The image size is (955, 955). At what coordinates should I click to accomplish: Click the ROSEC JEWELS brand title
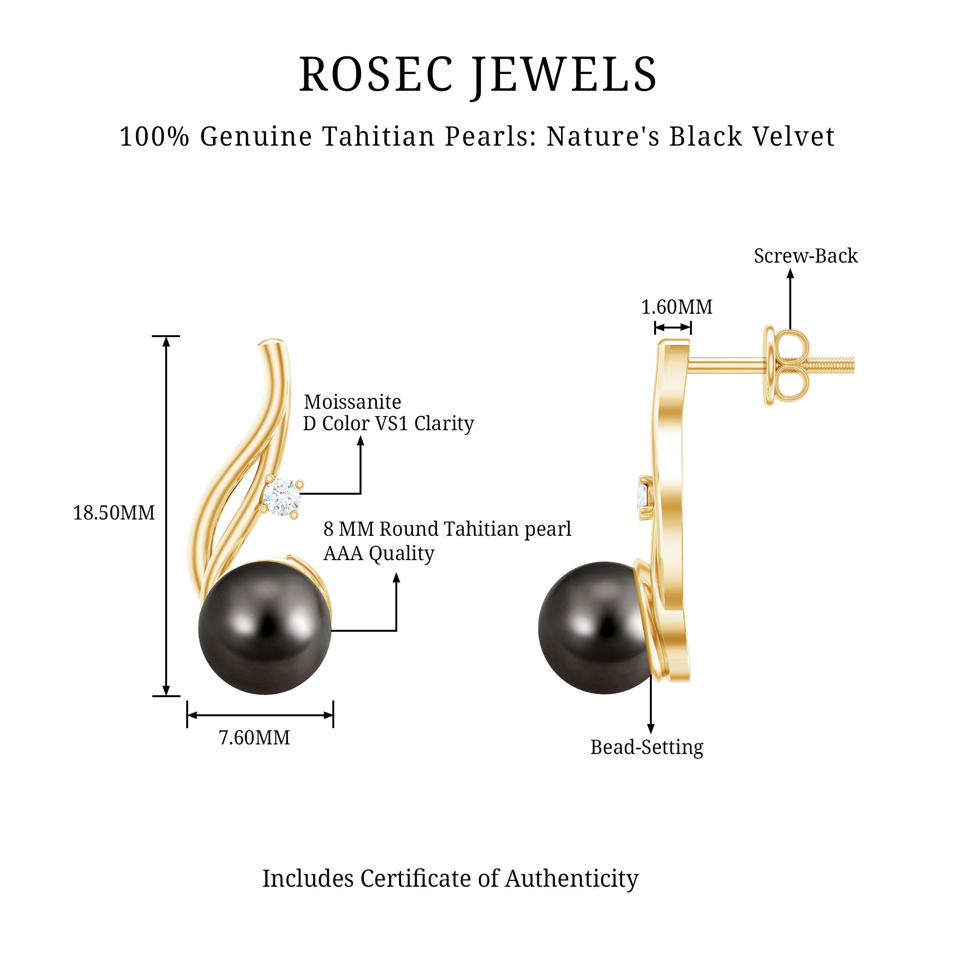point(477,74)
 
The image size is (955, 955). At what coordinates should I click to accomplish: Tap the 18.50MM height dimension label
point(114,513)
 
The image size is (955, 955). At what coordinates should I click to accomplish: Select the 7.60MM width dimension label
point(254,738)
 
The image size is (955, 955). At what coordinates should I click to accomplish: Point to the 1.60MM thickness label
point(676,308)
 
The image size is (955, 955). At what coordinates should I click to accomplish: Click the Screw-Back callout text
point(805,256)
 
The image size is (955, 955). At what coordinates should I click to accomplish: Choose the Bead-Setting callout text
point(647,747)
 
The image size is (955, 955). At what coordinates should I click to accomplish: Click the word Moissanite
point(352,402)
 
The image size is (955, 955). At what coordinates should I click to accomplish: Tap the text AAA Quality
point(379,553)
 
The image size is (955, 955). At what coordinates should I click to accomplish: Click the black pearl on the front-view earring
point(265,628)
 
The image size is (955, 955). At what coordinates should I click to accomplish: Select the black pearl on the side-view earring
point(593,628)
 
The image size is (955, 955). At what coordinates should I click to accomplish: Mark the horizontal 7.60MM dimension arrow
point(260,715)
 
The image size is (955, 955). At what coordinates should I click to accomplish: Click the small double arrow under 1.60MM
point(672,327)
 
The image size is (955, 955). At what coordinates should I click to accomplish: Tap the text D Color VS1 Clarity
point(388,424)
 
